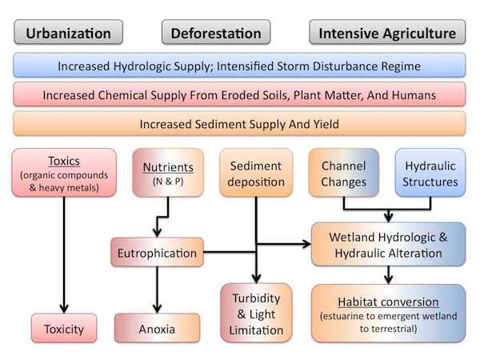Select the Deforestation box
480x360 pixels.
216,33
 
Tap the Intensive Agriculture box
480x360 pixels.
387,33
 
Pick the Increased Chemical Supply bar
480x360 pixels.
240,95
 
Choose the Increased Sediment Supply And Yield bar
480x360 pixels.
240,124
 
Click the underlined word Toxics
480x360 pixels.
63,158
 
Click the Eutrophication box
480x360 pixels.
156,254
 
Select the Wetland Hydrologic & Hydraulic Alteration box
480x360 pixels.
387,245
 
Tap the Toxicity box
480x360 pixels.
63,328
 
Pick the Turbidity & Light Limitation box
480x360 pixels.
254,311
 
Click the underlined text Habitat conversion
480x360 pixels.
387,302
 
